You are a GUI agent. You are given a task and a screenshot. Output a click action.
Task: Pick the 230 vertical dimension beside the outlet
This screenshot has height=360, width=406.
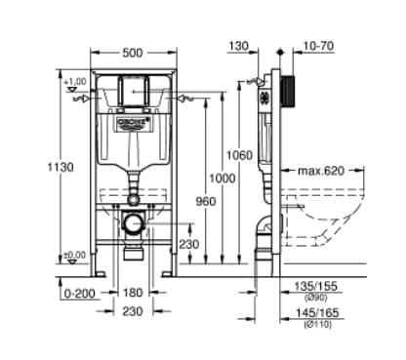(x=189, y=245)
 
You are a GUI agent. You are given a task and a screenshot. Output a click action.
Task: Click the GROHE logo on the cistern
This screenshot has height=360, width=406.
(x=135, y=119)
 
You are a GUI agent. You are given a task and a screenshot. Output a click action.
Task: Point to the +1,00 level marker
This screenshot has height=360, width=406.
(x=74, y=82)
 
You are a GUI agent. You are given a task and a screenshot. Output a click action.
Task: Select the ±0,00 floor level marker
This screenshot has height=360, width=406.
(x=74, y=255)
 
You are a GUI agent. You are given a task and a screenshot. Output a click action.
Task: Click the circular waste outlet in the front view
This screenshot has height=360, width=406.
(x=134, y=222)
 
